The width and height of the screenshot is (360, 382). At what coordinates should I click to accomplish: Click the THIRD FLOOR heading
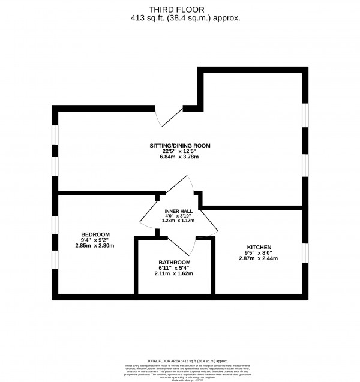(x=180, y=9)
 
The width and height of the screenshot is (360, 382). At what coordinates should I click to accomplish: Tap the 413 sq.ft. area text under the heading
(x=180, y=18)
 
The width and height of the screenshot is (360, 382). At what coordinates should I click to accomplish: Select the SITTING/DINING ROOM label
(x=180, y=146)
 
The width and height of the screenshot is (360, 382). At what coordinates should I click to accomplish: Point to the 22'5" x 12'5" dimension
(x=180, y=152)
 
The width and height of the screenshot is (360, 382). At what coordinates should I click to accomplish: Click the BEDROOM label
(x=95, y=233)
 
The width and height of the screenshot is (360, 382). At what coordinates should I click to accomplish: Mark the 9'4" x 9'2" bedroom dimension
(x=95, y=239)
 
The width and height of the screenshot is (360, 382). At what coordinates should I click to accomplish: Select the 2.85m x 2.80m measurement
(x=95, y=245)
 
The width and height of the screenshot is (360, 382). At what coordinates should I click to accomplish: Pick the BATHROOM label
(x=175, y=263)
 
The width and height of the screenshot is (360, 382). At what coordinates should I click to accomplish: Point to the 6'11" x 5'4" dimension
(x=175, y=269)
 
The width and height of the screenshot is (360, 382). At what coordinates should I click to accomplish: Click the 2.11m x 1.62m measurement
(x=175, y=275)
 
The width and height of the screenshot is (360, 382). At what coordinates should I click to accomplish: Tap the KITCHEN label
(x=259, y=247)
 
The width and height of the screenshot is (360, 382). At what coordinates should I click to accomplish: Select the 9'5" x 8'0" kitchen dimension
(x=259, y=253)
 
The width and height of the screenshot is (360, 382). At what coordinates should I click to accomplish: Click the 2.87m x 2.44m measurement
(x=259, y=259)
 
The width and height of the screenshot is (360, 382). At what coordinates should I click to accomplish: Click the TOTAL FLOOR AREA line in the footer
(x=180, y=356)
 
